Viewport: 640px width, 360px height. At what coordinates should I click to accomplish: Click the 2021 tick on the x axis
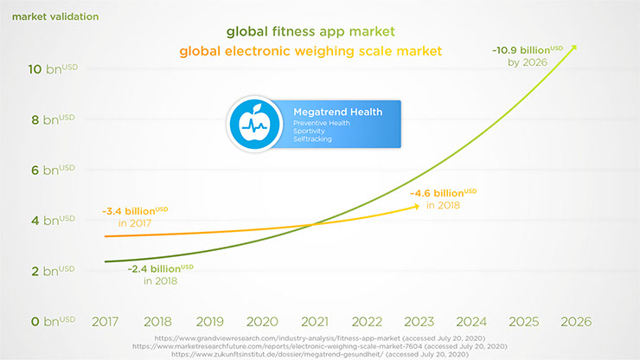315,321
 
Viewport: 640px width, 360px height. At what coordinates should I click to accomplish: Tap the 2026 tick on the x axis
575,321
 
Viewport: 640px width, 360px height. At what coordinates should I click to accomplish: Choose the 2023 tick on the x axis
419,321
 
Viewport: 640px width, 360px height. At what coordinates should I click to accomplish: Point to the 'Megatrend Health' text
329,113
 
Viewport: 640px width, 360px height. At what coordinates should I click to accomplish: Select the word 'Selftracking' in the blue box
312,139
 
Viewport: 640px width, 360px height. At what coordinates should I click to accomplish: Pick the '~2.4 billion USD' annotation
161,269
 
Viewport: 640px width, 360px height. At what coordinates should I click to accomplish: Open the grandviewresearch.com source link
320,337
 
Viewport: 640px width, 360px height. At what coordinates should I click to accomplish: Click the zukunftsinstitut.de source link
320,354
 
